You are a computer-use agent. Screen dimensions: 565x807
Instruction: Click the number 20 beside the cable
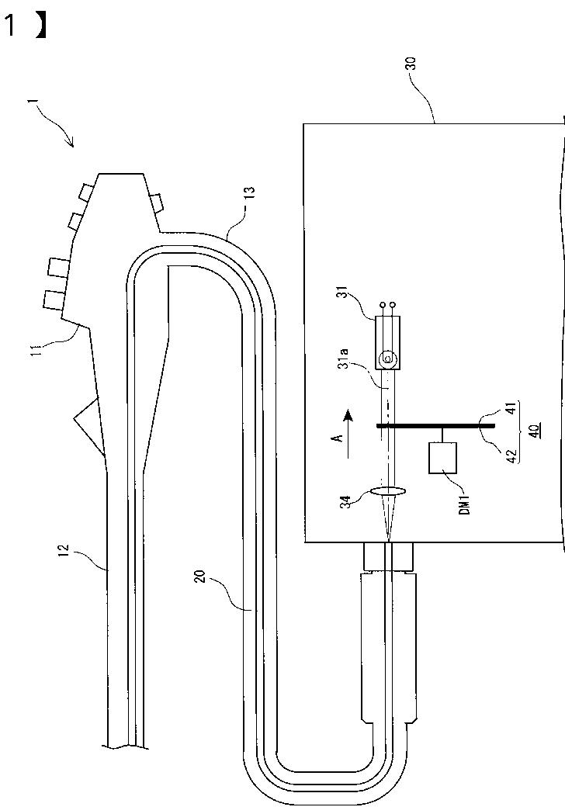pos(202,577)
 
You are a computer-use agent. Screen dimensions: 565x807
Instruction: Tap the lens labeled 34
pos(387,493)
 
